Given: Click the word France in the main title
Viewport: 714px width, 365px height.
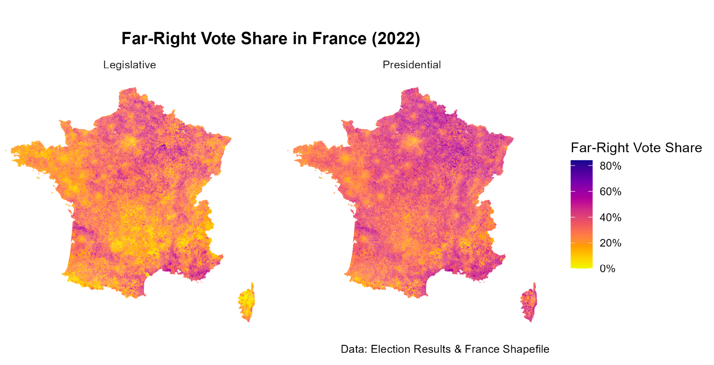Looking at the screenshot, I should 339,39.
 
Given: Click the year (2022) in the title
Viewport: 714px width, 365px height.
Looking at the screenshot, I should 396,39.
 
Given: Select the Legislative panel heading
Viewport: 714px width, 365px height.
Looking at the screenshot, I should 129,65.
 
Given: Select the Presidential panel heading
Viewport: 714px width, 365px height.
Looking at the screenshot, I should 412,65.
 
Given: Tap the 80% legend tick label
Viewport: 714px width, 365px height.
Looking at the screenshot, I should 611,166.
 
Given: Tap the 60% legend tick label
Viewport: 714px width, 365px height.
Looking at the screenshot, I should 611,192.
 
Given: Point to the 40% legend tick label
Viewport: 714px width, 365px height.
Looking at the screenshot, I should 611,217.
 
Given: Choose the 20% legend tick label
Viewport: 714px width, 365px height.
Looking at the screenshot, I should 611,243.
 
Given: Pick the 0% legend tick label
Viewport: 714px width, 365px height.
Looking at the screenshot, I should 608,269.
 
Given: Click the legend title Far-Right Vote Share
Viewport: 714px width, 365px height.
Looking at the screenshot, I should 636,148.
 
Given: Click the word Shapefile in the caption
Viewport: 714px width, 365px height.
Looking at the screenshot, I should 526,349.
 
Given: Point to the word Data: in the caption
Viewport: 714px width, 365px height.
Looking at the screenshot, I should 354,349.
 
